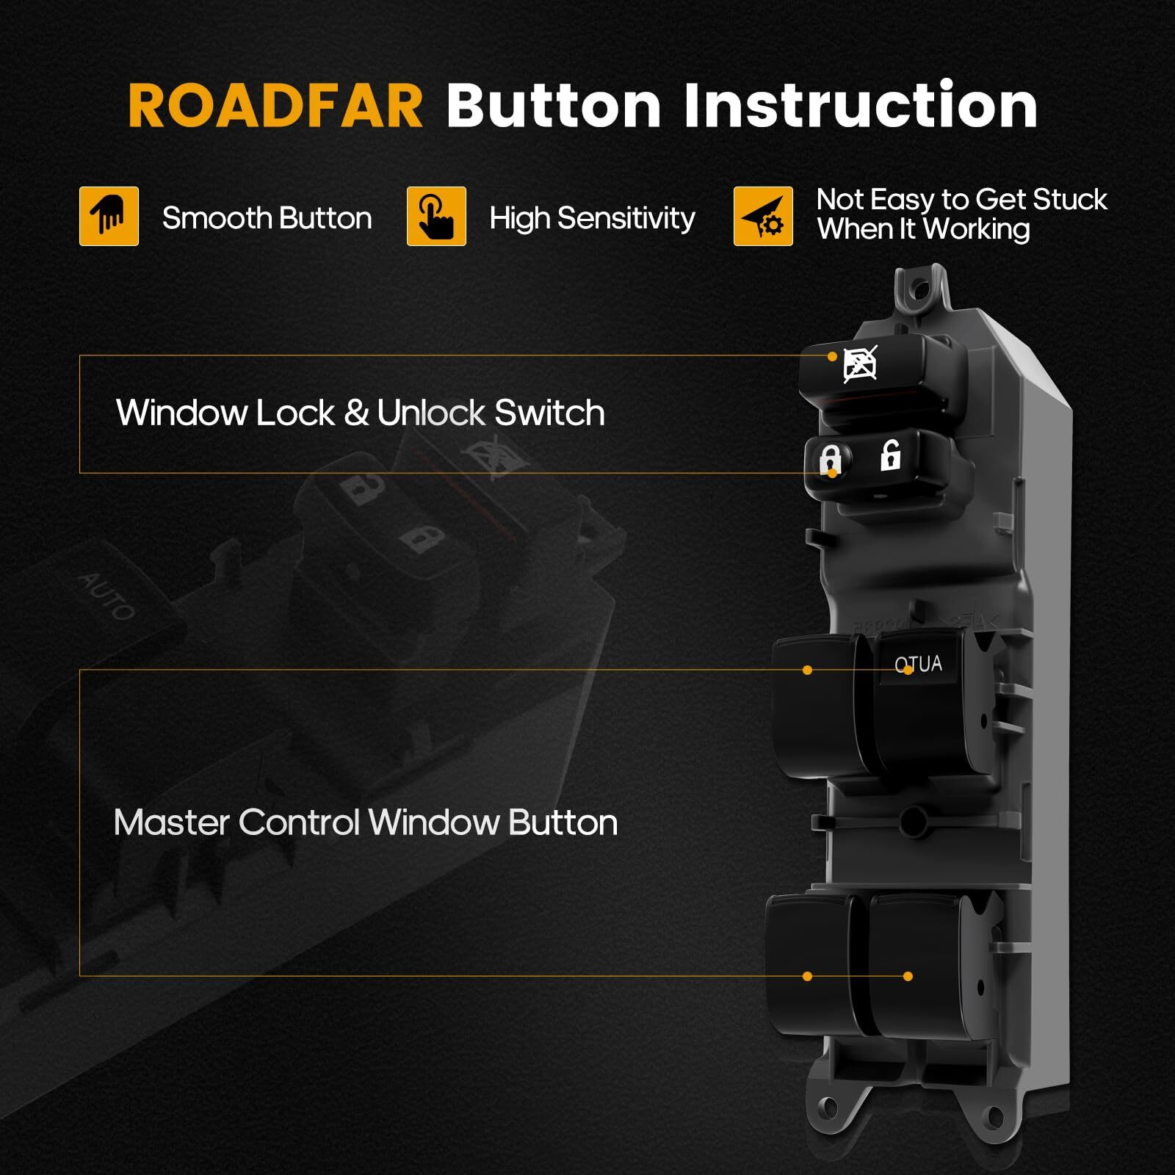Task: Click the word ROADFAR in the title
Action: (x=275, y=106)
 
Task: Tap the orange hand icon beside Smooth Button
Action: (x=109, y=216)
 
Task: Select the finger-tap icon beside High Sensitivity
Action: (x=436, y=216)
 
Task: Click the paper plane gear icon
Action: (x=763, y=216)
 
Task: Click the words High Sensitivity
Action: (x=592, y=219)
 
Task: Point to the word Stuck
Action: (x=1069, y=200)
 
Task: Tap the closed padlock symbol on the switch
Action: (x=830, y=460)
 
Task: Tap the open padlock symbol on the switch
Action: (x=890, y=456)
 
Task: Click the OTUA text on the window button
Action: (x=918, y=664)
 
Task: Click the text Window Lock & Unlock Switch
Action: (x=360, y=413)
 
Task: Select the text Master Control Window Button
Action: (x=365, y=822)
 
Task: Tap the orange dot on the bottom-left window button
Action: (x=807, y=976)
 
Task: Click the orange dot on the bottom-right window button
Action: (x=908, y=976)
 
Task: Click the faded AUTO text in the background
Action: (x=107, y=596)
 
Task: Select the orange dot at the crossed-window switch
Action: (x=832, y=356)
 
